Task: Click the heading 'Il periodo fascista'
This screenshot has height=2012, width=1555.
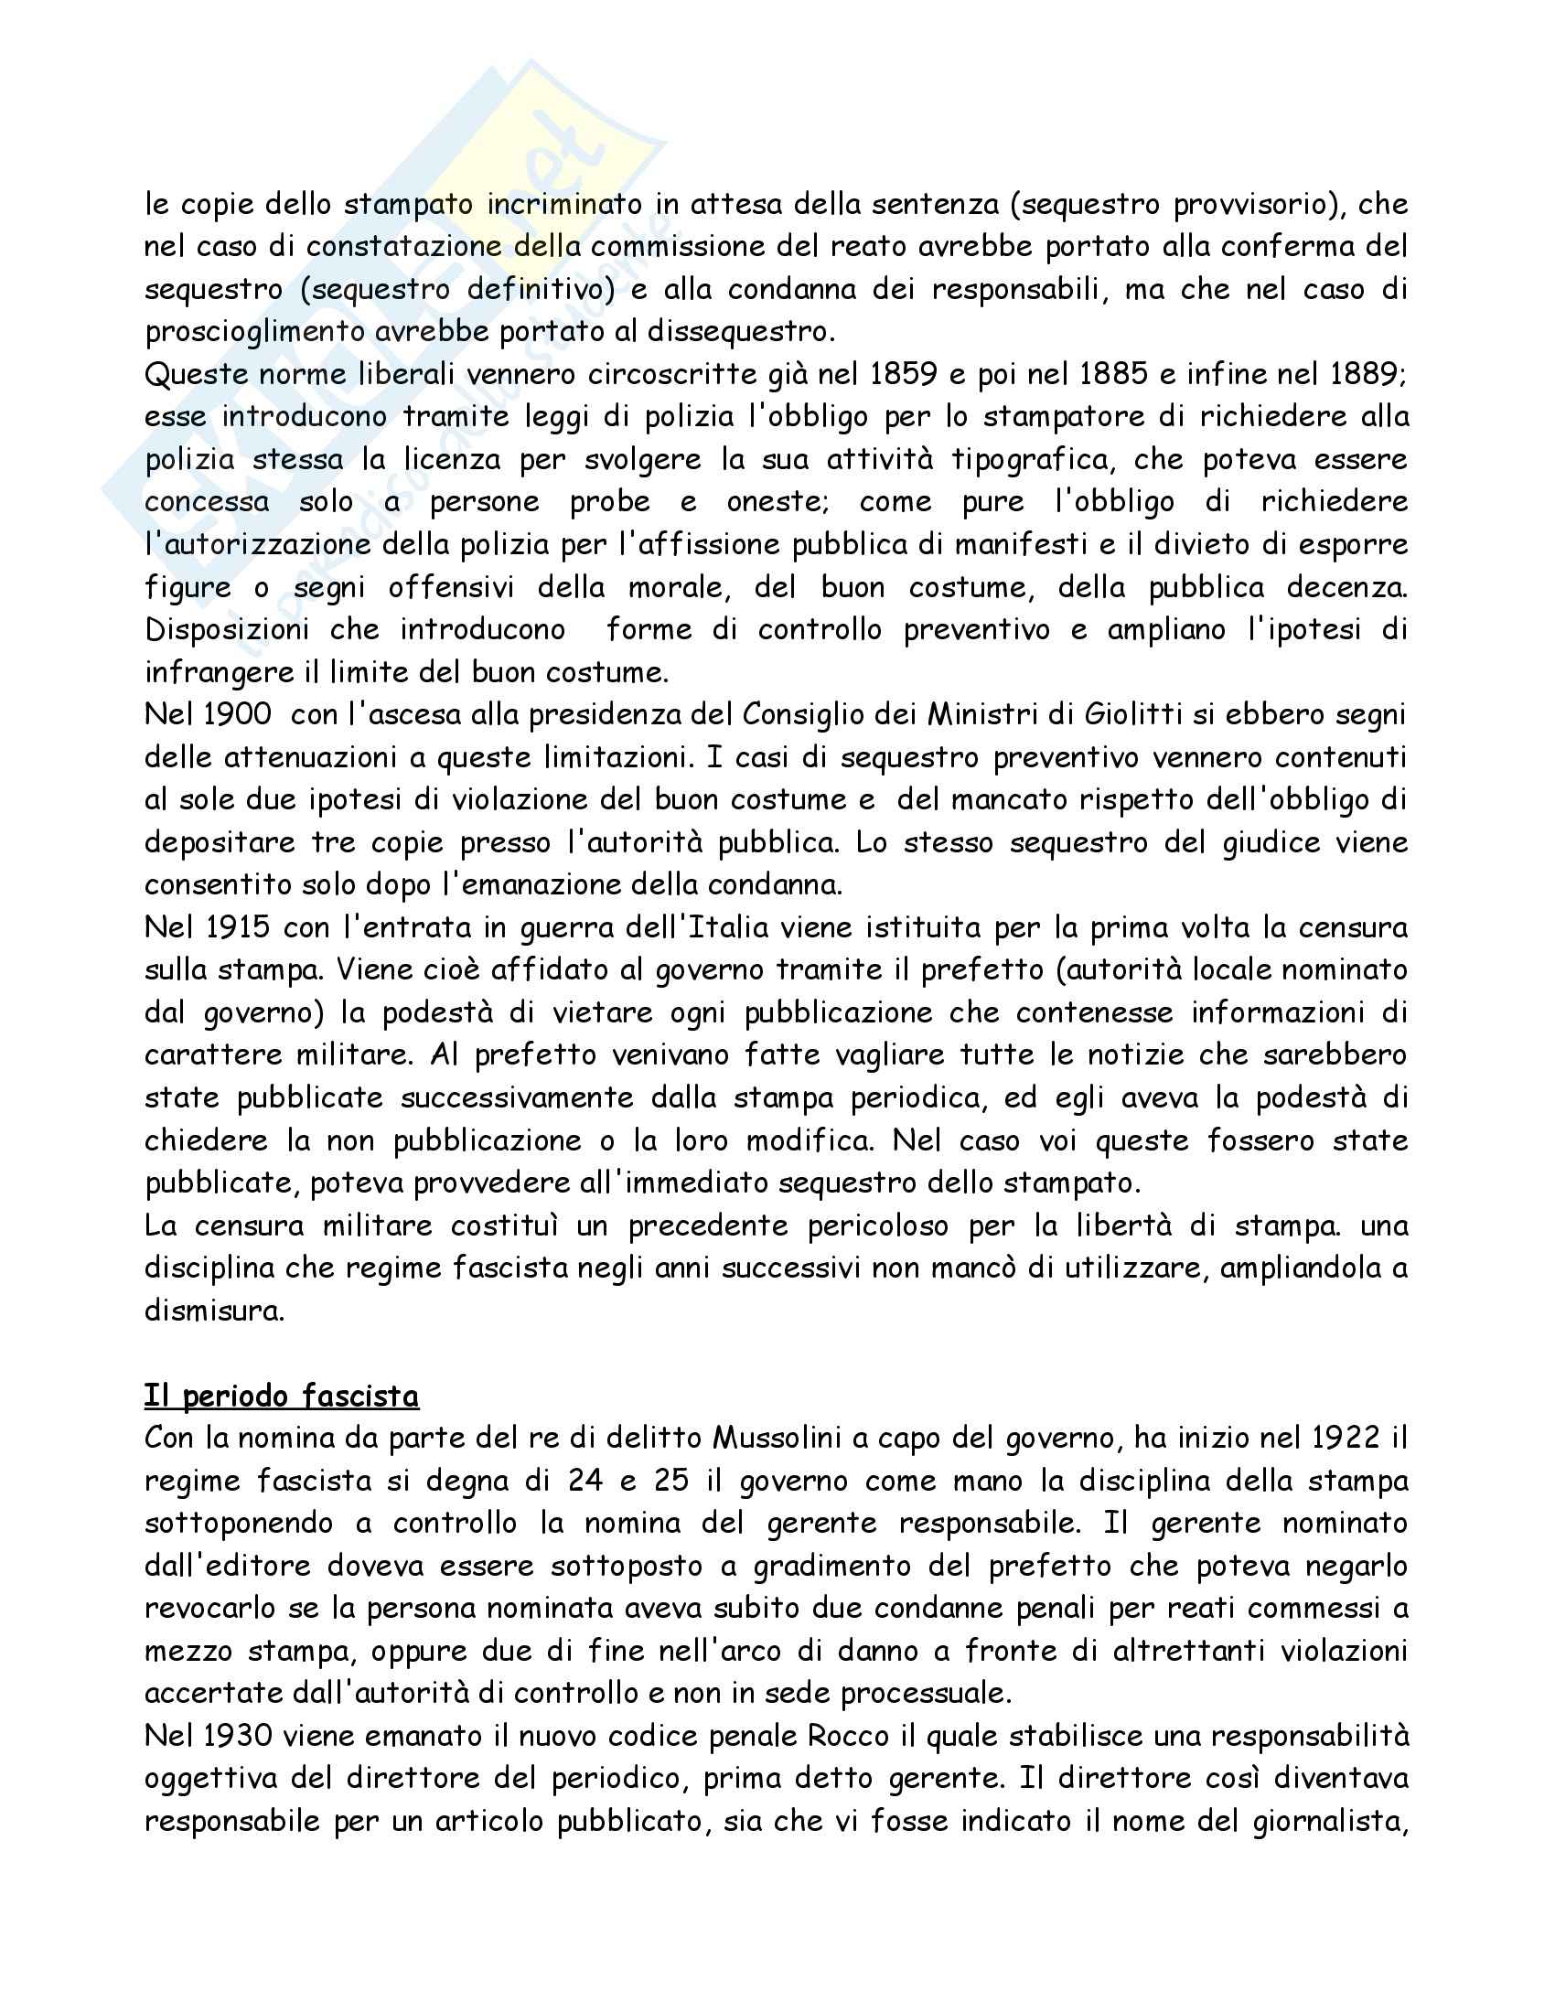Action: click(x=281, y=1396)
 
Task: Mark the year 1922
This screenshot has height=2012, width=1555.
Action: click(x=1345, y=1438)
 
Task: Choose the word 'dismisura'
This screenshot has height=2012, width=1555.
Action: click(x=214, y=1311)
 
